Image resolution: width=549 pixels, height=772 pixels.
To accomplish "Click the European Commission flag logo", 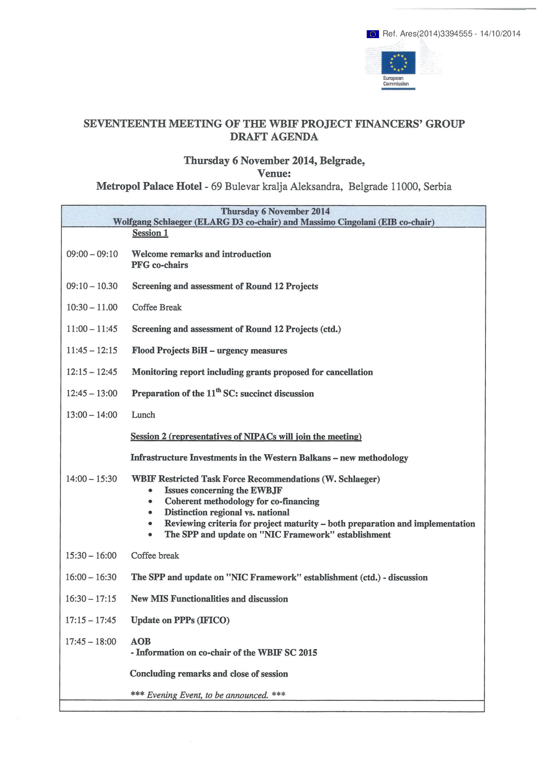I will tap(398, 63).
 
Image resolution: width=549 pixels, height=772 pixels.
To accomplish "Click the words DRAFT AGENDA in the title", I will tap(274, 137).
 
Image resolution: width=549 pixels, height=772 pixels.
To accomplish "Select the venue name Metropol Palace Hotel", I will tap(149, 187).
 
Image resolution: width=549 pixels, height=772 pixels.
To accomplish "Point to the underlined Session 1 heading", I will tap(150, 233).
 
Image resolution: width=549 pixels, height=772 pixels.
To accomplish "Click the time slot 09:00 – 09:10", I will tap(92, 254).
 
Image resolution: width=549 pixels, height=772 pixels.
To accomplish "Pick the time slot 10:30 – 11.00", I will tap(92, 308).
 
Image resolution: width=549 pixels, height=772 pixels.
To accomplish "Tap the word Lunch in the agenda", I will tap(143, 415).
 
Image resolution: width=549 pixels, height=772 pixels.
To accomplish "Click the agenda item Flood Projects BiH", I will tap(170, 351).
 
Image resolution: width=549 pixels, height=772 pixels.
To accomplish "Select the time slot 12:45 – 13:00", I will tap(92, 393).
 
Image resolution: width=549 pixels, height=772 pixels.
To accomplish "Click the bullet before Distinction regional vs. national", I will tap(151, 513).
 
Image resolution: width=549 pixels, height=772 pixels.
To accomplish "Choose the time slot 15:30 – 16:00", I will tap(91, 556).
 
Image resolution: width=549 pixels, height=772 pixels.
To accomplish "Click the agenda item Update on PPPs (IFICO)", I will tap(180, 620).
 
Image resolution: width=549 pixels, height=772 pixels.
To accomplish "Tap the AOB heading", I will tap(141, 641).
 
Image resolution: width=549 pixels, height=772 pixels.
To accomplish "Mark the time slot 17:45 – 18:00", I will tap(91, 642).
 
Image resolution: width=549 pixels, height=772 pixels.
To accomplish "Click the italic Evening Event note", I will tap(208, 695).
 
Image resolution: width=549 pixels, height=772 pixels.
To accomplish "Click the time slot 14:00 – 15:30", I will tap(92, 479).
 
